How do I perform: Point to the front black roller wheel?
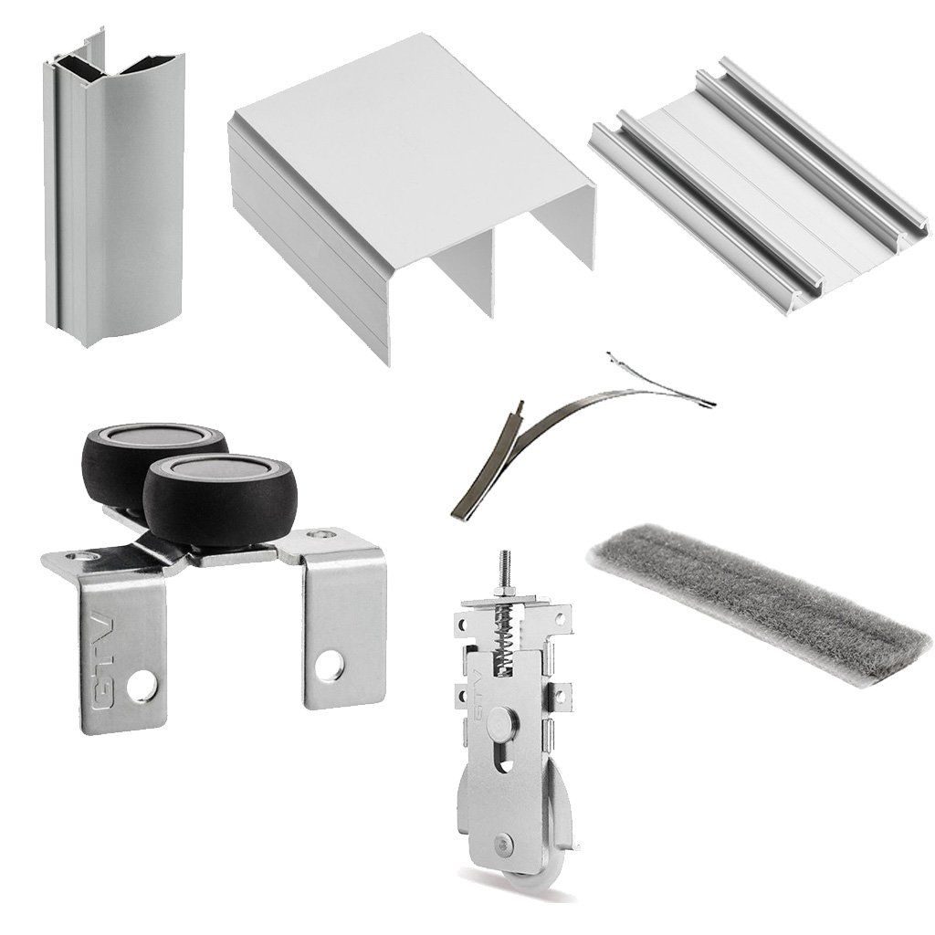coord(221,498)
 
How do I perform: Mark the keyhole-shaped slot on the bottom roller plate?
coord(505,756)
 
